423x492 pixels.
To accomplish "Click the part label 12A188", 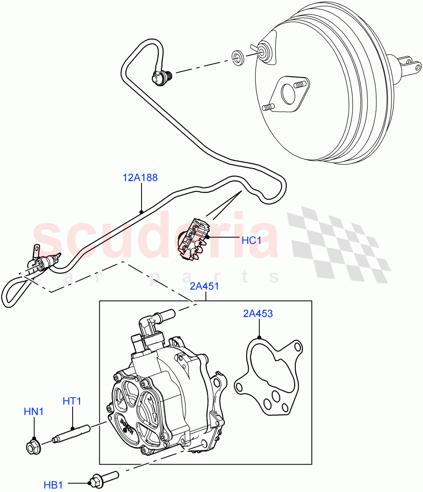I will (140, 178).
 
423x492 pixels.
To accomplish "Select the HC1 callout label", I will (251, 240).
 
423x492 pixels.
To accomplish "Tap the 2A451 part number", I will (204, 286).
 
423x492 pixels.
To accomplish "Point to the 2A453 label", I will (258, 314).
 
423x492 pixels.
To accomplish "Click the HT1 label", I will (72, 401).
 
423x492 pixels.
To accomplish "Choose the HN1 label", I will (33, 411).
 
